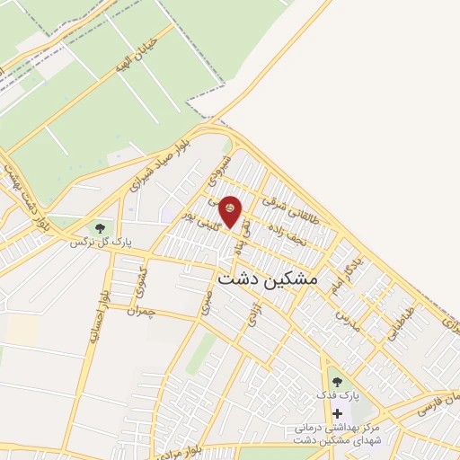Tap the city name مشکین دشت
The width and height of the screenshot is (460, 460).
[x=269, y=279]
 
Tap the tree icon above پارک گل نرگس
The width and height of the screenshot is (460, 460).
[x=98, y=227]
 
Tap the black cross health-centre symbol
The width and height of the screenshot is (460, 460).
[x=337, y=414]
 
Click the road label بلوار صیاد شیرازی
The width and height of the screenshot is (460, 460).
[x=161, y=166]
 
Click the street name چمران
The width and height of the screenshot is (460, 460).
[x=141, y=310]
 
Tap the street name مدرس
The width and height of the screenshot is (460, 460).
[x=347, y=319]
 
